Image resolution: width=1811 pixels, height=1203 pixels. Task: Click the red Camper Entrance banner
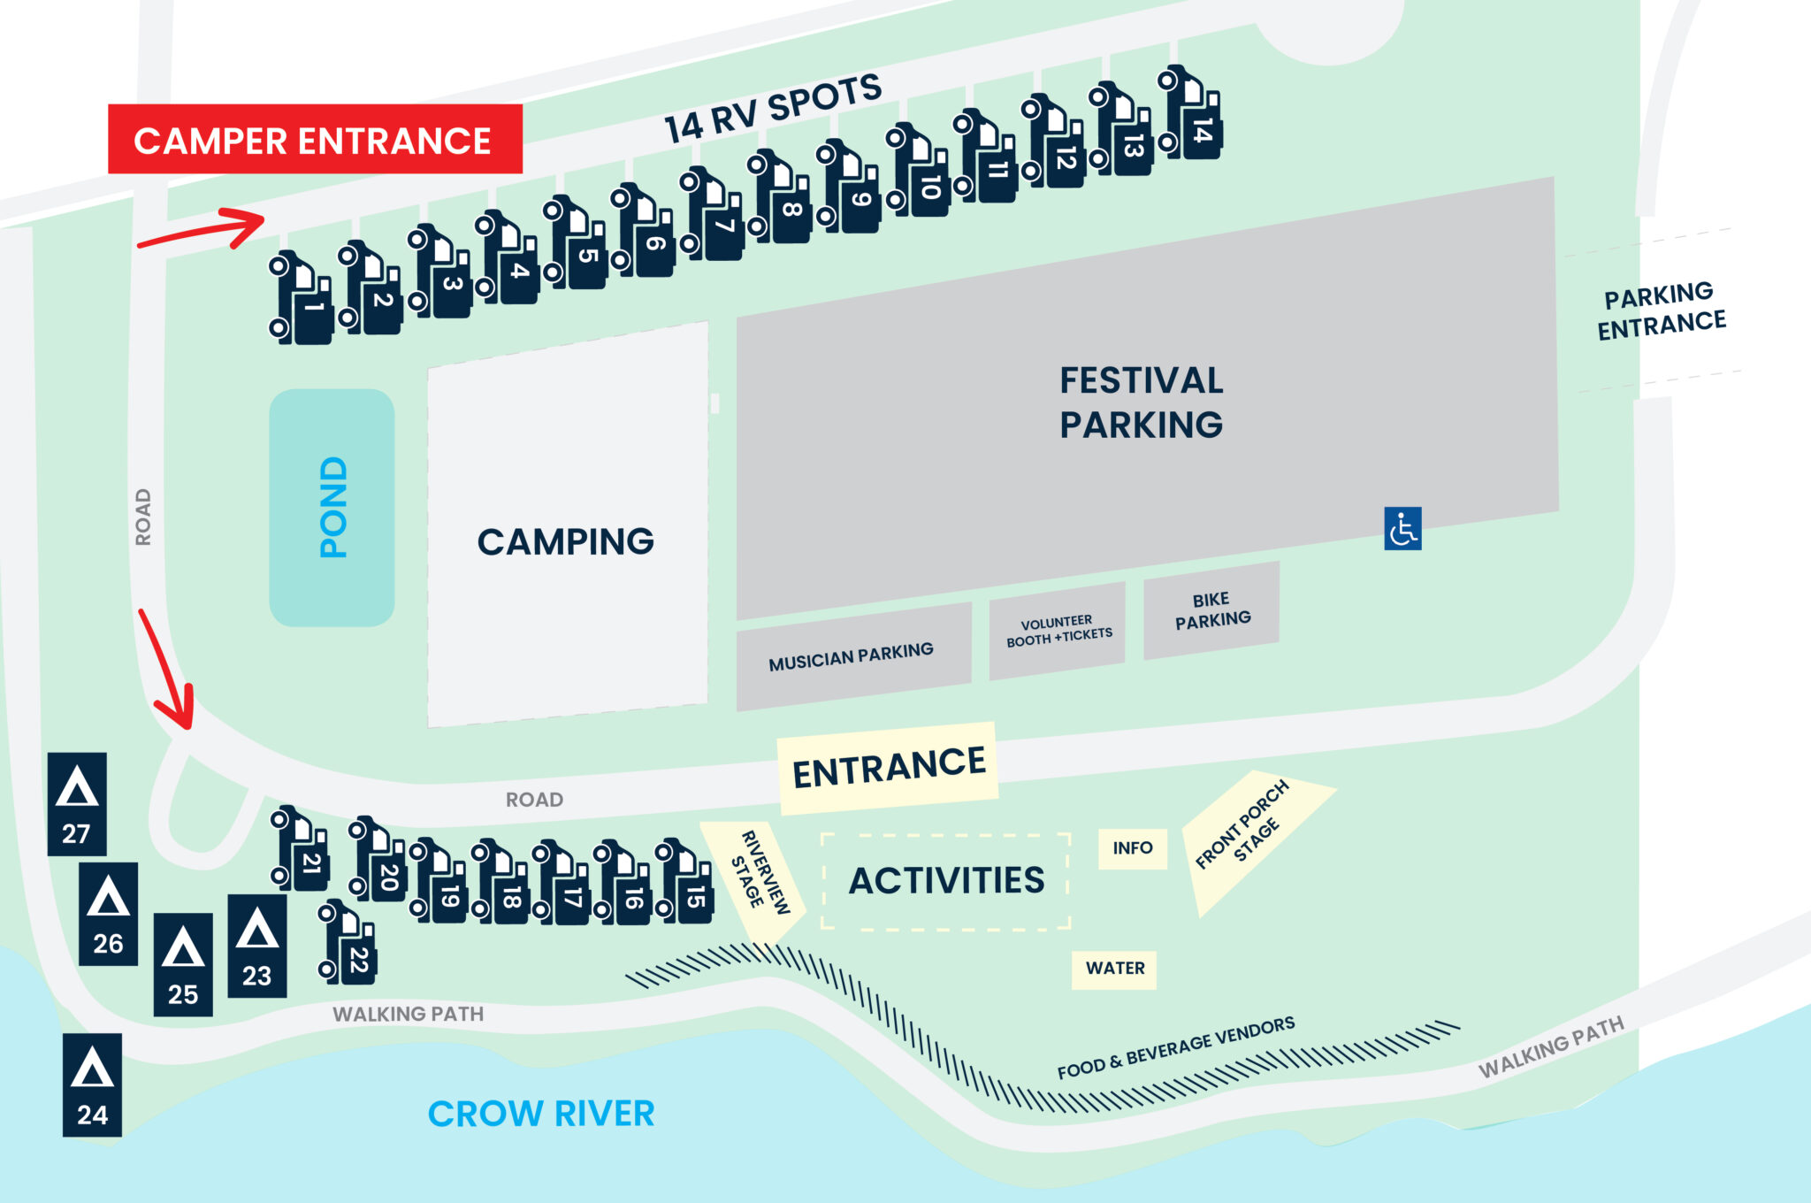click(x=315, y=140)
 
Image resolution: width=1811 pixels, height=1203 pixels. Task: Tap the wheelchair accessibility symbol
click(x=1402, y=528)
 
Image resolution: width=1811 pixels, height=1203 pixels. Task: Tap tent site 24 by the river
click(x=92, y=1084)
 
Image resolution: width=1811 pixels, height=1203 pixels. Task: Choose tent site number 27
click(x=77, y=804)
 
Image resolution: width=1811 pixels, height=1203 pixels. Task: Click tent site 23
click(x=257, y=946)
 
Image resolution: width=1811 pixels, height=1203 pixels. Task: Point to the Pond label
click(x=332, y=508)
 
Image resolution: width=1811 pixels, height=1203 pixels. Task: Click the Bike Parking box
click(x=1211, y=610)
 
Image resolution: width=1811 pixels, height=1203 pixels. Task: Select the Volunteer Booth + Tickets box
click(x=1058, y=631)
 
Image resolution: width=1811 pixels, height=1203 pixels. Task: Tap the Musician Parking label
click(x=851, y=656)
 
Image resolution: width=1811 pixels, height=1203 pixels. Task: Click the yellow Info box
click(x=1132, y=848)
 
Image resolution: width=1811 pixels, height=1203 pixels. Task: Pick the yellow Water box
click(x=1114, y=969)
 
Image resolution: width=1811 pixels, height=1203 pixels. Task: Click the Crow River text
click(x=540, y=1114)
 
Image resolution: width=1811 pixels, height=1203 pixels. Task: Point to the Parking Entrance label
click(x=1661, y=310)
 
